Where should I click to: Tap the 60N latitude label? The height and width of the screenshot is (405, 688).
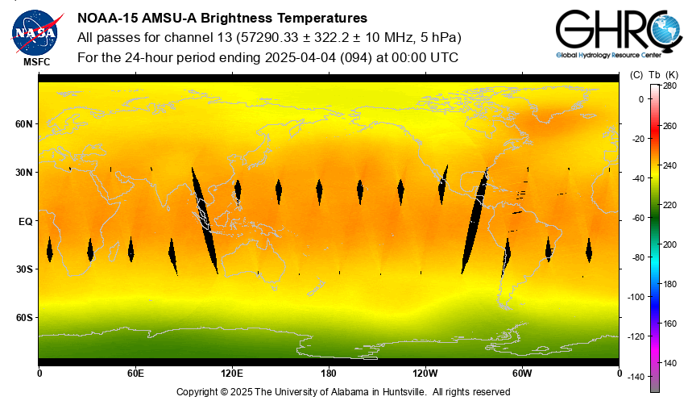point(24,124)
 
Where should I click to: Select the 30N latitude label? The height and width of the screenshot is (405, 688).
point(24,173)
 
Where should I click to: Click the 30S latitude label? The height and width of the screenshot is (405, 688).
point(24,269)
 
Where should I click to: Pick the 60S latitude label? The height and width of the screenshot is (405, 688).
point(24,317)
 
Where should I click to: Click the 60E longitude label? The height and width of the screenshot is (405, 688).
point(135,373)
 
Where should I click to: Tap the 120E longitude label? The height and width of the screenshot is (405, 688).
point(232,373)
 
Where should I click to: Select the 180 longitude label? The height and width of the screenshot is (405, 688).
point(329,373)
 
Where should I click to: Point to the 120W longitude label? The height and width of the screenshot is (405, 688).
point(425,373)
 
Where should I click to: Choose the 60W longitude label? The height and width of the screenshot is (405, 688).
point(522,373)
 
